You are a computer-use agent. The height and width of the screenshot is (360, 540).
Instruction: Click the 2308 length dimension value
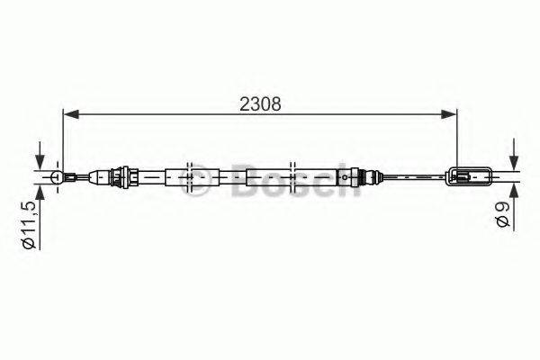(x=261, y=103)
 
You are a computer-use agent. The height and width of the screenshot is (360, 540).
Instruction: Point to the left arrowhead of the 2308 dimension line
(x=68, y=114)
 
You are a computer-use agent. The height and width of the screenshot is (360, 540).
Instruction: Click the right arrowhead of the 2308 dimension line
(x=450, y=114)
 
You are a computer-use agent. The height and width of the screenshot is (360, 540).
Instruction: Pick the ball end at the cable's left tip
(x=57, y=177)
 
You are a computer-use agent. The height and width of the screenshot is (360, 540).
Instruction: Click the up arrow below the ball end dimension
(x=39, y=191)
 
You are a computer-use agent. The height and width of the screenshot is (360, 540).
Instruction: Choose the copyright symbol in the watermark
(x=205, y=176)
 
